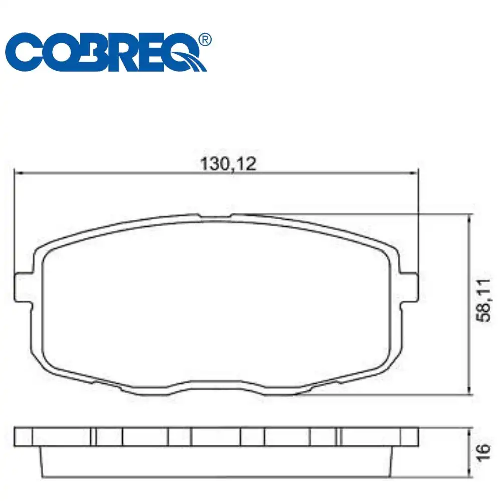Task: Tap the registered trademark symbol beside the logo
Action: pyautogui.click(x=205, y=40)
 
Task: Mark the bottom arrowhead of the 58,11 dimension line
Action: pyautogui.click(x=469, y=391)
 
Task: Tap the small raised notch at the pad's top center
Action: pyautogui.click(x=215, y=217)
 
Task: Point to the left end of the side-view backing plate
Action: pyautogui.click(x=23, y=437)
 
